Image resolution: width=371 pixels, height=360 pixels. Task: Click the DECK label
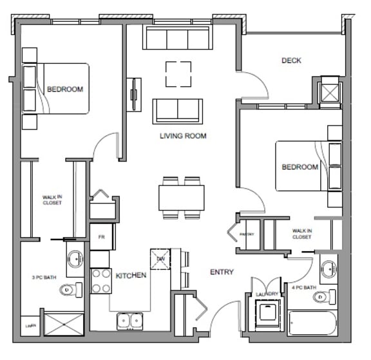tap(291, 61)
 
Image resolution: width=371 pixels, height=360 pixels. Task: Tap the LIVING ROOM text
tap(183, 136)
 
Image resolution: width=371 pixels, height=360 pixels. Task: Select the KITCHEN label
tap(131, 276)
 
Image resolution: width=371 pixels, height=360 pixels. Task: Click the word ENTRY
tap(222, 272)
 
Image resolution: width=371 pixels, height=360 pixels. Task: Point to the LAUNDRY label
tap(267, 294)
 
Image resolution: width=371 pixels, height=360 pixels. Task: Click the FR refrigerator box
tap(101, 237)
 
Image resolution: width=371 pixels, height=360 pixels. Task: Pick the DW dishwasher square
tap(160, 259)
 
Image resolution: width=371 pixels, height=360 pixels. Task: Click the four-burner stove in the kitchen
tap(101, 281)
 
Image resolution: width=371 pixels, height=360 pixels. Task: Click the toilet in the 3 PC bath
tap(70, 290)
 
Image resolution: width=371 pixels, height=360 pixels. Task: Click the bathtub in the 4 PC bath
tap(312, 323)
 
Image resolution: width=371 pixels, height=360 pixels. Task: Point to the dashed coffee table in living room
tap(178, 73)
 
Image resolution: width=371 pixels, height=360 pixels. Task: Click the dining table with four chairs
tap(182, 197)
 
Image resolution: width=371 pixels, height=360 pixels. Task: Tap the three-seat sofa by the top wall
tap(178, 38)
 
